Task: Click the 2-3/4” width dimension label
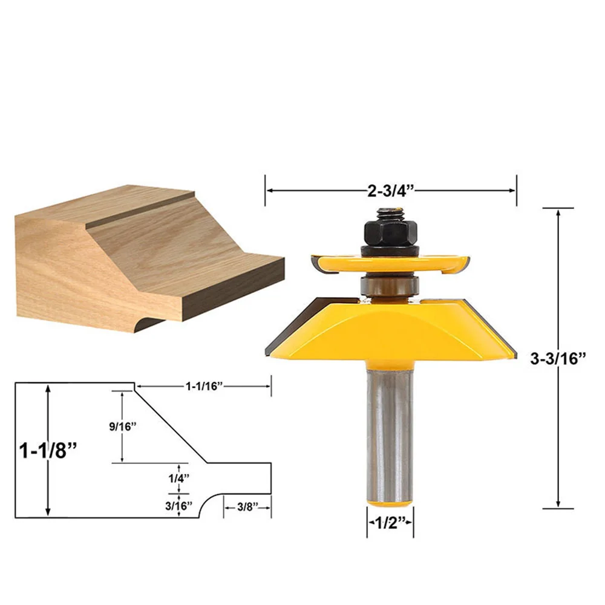click(x=390, y=191)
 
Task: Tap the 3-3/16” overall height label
click(x=558, y=358)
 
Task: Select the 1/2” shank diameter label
click(x=390, y=523)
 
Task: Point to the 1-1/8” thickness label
click(x=48, y=450)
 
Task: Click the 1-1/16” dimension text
click(x=204, y=386)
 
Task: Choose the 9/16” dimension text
click(x=123, y=427)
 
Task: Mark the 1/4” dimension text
click(x=178, y=479)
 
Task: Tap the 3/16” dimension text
click(x=178, y=505)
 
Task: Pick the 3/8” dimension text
click(x=247, y=507)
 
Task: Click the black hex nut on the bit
click(x=390, y=231)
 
